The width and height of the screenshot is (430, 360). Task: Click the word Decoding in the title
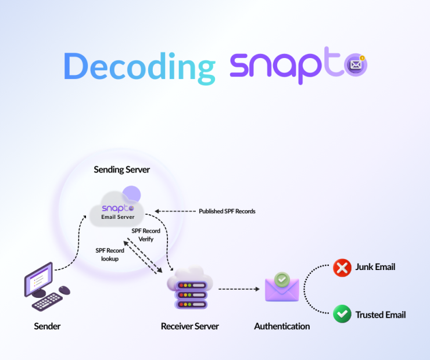[x=139, y=68]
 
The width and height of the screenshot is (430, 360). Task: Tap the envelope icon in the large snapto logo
[x=356, y=65]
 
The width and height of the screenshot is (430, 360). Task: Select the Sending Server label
[x=122, y=170]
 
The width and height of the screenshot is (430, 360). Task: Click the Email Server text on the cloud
[x=118, y=217]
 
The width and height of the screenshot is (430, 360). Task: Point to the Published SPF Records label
[x=227, y=211]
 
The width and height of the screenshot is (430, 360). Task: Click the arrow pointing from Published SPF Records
[x=175, y=211]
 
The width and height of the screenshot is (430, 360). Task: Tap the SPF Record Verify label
[x=146, y=235]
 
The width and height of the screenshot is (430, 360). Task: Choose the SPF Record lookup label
[x=110, y=254]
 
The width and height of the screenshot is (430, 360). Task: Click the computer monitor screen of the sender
[x=39, y=279]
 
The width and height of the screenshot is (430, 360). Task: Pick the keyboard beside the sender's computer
[x=47, y=302]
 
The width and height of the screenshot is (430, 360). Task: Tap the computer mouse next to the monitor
[x=64, y=290]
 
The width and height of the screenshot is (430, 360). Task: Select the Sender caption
[x=47, y=326]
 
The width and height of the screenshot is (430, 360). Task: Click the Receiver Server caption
[x=190, y=326]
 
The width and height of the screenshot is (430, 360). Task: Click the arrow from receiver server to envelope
[x=239, y=289]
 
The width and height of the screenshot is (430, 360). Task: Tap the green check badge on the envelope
[x=282, y=279]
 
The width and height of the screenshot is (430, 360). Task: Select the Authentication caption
[x=282, y=326]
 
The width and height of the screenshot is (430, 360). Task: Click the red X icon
[x=342, y=268]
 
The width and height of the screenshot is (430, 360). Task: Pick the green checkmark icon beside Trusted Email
[x=342, y=314]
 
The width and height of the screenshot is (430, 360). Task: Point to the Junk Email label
[x=375, y=267]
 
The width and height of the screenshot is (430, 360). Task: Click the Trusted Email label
[x=381, y=315]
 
